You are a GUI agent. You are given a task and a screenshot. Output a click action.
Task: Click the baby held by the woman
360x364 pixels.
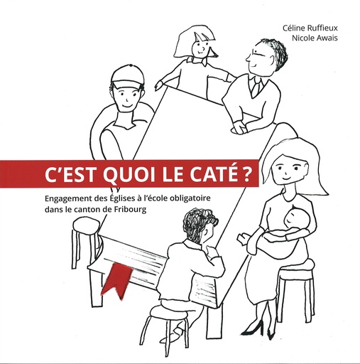[x=292, y=226]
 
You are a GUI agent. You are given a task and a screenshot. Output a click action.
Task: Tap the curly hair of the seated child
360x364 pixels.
[x=201, y=226]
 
